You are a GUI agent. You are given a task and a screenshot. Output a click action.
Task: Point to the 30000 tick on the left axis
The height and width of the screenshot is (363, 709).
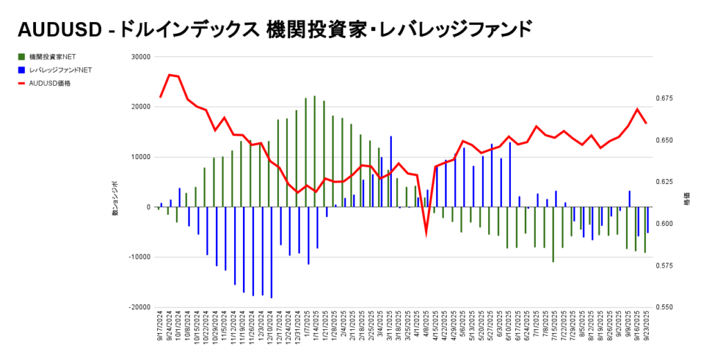tap(141, 57)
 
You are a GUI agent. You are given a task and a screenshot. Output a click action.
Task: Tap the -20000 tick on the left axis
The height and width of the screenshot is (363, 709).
tap(140, 307)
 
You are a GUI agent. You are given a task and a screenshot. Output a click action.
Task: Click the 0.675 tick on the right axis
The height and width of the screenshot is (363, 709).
tap(663, 99)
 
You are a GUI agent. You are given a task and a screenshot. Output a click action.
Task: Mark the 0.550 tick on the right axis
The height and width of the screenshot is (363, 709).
tap(663, 307)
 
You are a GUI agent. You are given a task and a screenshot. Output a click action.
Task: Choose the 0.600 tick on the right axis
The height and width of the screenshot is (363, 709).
tap(663, 224)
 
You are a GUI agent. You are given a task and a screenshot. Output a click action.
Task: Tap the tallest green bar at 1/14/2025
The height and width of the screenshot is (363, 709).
tap(314, 152)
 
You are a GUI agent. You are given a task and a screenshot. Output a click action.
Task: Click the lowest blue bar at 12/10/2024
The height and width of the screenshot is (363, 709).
tap(271, 252)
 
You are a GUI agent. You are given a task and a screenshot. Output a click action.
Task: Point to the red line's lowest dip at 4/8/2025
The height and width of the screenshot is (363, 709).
tap(427, 233)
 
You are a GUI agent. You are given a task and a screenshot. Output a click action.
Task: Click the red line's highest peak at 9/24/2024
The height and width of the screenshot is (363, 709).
tap(170, 75)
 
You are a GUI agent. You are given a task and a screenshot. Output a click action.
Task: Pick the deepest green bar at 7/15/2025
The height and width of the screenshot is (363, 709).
tap(553, 234)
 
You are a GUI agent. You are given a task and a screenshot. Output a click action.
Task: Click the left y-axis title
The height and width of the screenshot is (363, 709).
tap(115, 201)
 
